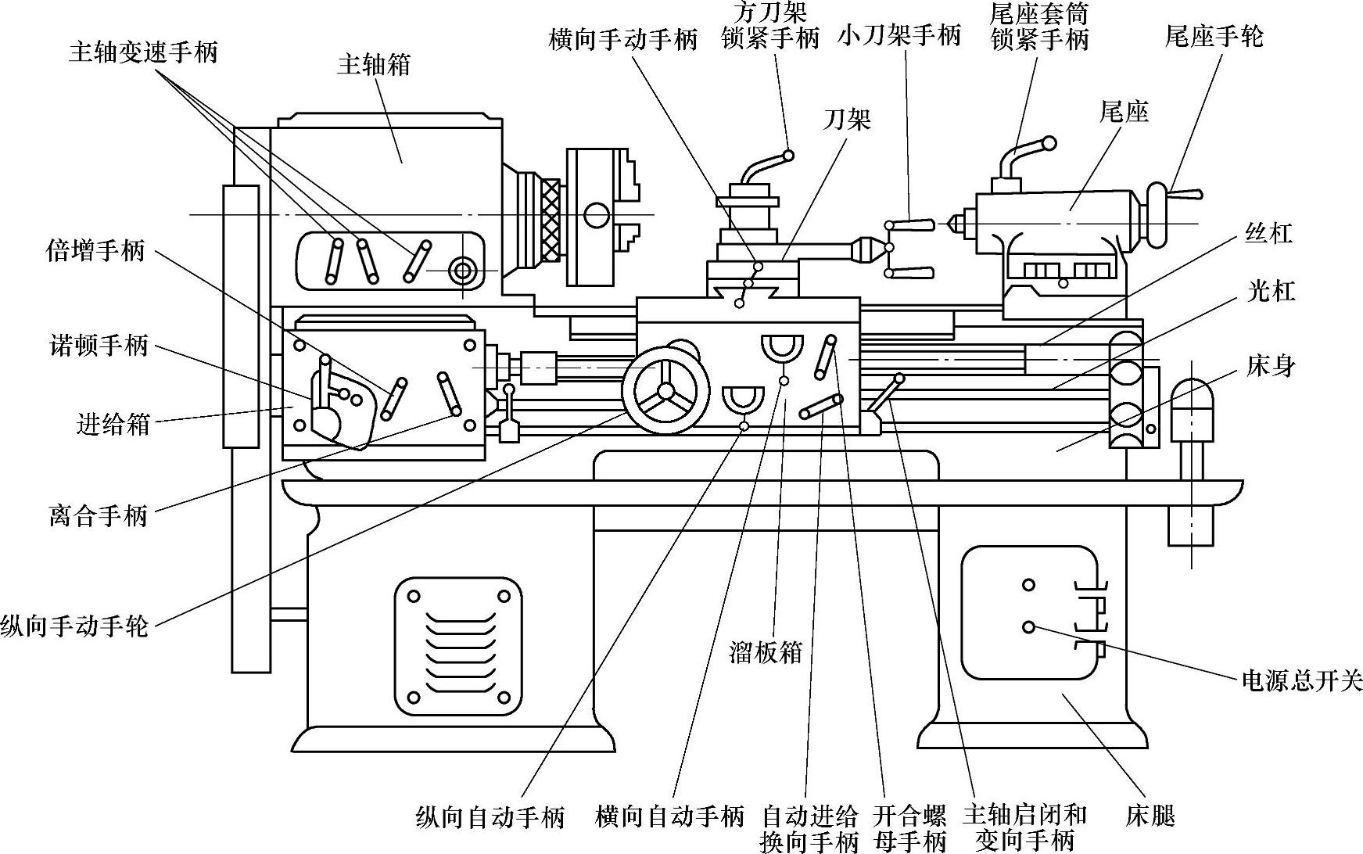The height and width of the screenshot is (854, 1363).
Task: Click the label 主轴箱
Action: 374,65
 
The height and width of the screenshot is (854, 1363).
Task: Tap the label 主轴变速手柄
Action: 143,52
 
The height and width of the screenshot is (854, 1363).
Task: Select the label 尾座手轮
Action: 1214,36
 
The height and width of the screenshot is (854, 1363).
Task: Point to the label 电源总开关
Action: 1302,681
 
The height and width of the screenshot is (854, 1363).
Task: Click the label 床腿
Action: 1150,816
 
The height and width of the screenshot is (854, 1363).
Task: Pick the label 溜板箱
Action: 766,652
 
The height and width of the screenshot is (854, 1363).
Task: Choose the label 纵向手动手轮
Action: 74,626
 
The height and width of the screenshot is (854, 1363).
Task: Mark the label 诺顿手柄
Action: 99,345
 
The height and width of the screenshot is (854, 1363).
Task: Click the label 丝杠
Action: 1268,233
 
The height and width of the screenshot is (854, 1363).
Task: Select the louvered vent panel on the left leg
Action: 458,647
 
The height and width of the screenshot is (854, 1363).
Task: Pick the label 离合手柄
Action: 99,516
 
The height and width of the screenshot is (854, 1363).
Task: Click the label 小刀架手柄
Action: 899,36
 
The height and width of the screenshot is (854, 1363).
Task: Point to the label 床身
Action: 1272,365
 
